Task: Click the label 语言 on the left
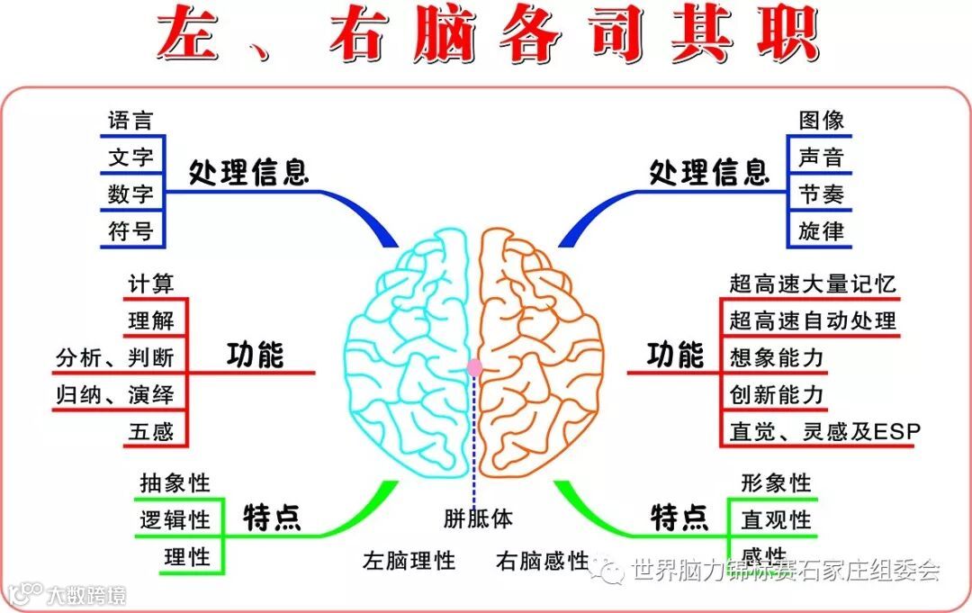[x=130, y=121]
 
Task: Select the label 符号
[x=130, y=231]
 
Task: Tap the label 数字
[x=130, y=194]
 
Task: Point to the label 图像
[x=821, y=121]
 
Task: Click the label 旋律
[x=821, y=231]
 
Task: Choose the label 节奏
[x=821, y=194]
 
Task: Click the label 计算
[x=150, y=284]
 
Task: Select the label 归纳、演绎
[x=114, y=394]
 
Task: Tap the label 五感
[x=150, y=431]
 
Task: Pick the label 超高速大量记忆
[x=813, y=284]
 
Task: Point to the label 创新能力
[x=776, y=394]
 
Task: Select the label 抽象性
[x=175, y=483]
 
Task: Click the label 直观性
[x=776, y=520]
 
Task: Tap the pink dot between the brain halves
[x=474, y=367]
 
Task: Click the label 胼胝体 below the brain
[x=478, y=518]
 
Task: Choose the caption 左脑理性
[x=409, y=561]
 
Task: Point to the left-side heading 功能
[x=255, y=356]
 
